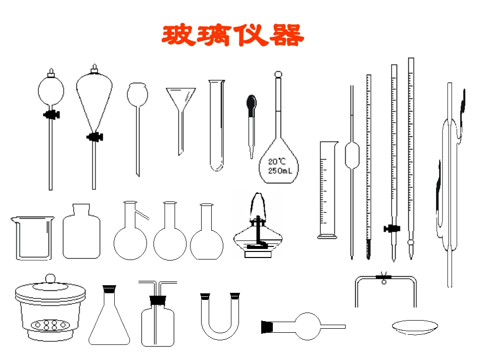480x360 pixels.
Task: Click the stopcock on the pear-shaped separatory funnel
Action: tap(94, 136)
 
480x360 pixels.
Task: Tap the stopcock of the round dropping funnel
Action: tap(51, 115)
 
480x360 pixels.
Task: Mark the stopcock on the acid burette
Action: tap(390, 229)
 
